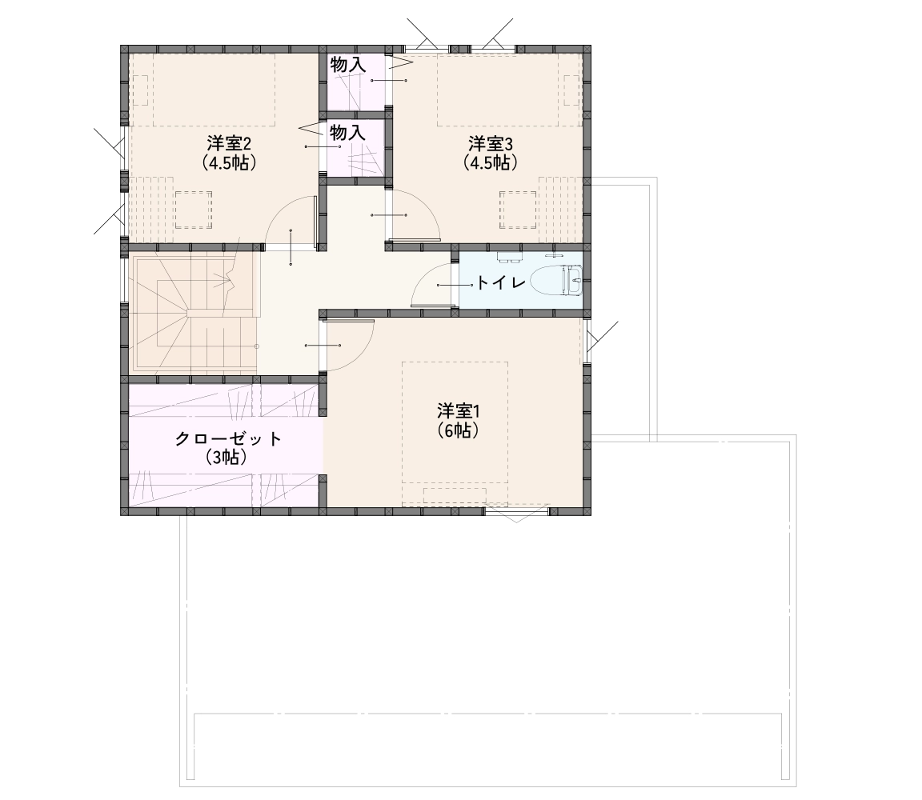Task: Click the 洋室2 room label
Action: [x=230, y=143]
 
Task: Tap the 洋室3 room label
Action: [x=491, y=143]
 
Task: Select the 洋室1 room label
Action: [x=458, y=410]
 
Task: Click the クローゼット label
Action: [x=229, y=438]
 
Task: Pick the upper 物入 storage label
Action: [x=348, y=65]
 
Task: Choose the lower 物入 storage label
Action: [x=348, y=133]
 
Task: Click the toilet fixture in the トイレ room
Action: [x=555, y=280]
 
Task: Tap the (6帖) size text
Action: [x=458, y=431]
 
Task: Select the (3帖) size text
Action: [x=226, y=458]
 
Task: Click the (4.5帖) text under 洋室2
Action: [x=230, y=162]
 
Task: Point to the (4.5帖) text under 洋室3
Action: [x=491, y=162]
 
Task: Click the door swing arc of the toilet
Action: [x=421, y=276]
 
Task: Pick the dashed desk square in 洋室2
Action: [x=194, y=210]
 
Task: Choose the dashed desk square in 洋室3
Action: [x=518, y=210]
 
